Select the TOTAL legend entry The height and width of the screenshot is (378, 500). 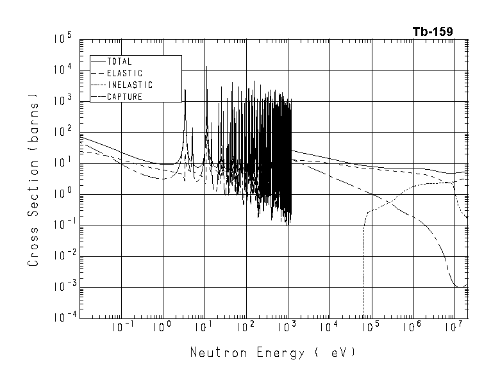click(120, 62)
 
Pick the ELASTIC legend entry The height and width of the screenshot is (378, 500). click(124, 73)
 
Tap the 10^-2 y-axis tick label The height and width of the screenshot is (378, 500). click(63, 256)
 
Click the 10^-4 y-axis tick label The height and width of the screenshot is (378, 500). click(63, 318)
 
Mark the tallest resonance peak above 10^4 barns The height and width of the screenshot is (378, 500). click(206, 67)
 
